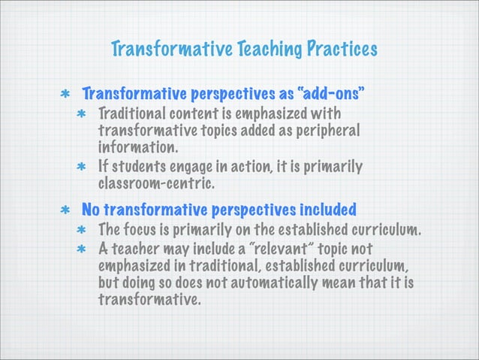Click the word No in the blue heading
91,208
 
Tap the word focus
142,229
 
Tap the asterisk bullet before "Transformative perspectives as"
68,97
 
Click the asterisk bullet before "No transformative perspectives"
68,210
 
